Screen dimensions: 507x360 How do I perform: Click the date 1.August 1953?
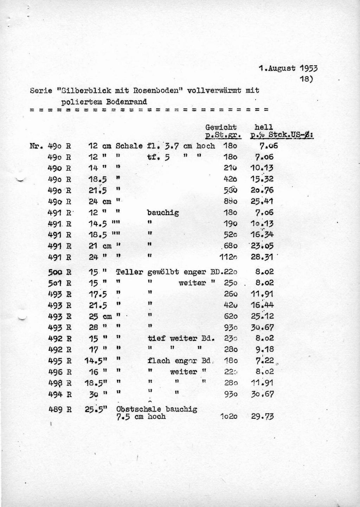coord(288,68)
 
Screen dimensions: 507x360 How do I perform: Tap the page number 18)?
coord(306,79)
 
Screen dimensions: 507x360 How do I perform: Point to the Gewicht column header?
coord(221,127)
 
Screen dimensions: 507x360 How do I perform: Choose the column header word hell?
coord(264,127)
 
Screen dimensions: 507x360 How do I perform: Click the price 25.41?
coord(262,201)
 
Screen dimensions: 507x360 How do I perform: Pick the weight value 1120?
coord(228,257)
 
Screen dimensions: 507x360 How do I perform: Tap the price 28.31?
coord(262,257)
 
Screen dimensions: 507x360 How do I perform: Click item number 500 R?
coord(60,272)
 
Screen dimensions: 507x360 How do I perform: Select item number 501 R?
coord(60,283)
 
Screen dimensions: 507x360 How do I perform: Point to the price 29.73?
coord(262,417)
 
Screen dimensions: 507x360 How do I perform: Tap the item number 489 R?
coord(60,409)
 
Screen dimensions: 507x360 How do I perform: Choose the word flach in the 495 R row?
coord(159,360)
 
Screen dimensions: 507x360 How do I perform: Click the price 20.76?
coord(262,190)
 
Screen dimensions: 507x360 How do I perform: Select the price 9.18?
coord(264,350)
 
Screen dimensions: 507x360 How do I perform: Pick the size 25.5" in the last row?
coord(95,409)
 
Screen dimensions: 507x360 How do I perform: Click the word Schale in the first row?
coord(129,146)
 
